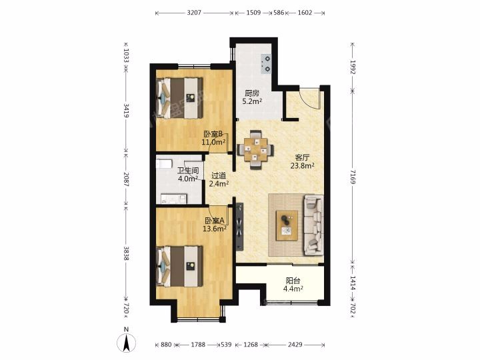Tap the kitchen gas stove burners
tap(267, 64)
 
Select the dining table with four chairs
tap(255, 150)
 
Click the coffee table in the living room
tap(287, 225)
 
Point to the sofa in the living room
tap(313, 225)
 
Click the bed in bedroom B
tap(180, 98)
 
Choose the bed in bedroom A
tap(180, 266)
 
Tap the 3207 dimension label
tap(194, 13)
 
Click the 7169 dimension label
tap(353, 177)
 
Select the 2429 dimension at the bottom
tap(295, 345)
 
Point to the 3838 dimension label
tap(126, 253)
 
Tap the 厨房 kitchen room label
tap(252, 93)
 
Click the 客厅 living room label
tap(302, 157)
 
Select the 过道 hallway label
tap(219, 176)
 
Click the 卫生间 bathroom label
tap(188, 171)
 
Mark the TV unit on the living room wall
tap(239, 227)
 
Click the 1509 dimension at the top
tap(253, 13)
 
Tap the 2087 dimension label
tap(126, 179)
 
